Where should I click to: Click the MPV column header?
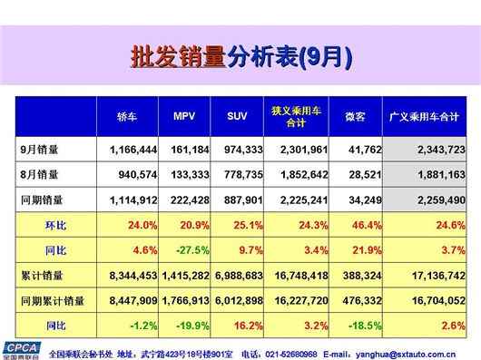pos(184,116)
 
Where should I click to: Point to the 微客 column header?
pos(355,116)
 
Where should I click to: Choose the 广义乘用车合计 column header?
pos(423,117)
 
